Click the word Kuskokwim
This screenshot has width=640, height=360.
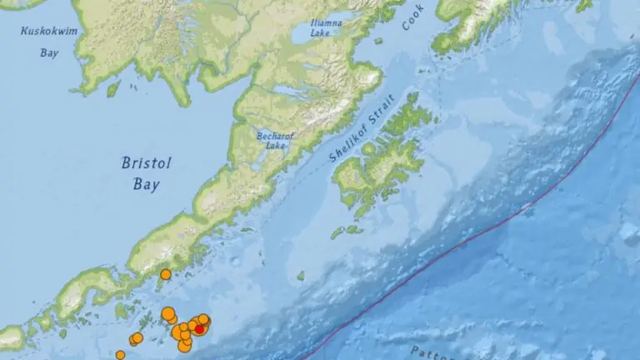[47, 32]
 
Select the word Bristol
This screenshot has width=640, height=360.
[147, 163]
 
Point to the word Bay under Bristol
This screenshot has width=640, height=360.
[147, 185]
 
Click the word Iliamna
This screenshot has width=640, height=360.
[326, 22]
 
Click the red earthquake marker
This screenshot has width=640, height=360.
[199, 328]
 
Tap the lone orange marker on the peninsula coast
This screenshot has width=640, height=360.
[165, 274]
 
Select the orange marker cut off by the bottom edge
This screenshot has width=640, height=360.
[120, 355]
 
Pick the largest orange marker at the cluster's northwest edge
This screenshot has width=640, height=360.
[167, 313]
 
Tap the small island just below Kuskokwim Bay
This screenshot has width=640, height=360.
[113, 87]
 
